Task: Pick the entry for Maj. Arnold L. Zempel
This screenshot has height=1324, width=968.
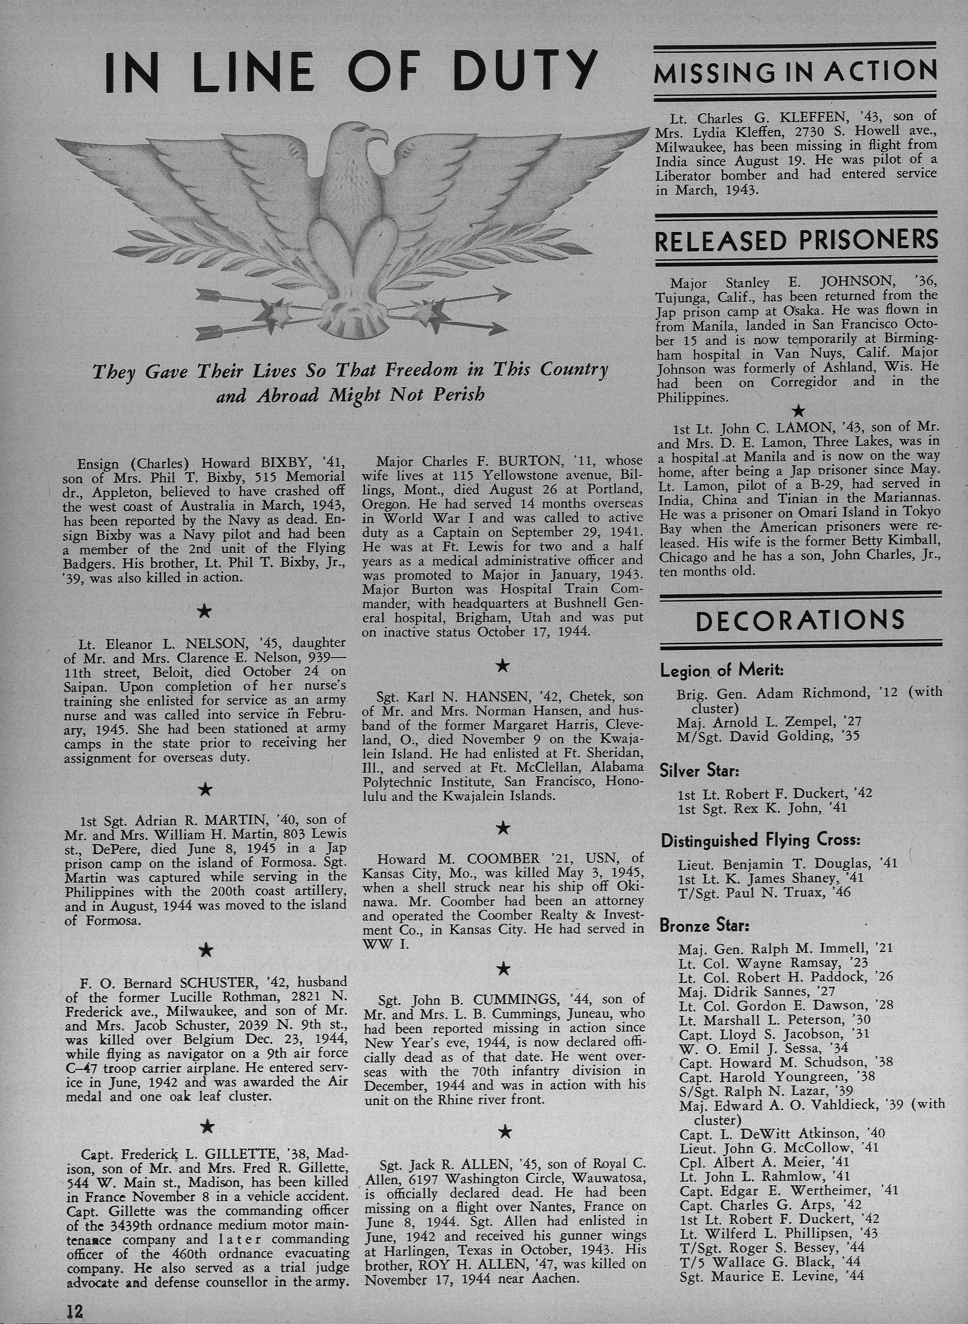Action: pyautogui.click(x=769, y=722)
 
